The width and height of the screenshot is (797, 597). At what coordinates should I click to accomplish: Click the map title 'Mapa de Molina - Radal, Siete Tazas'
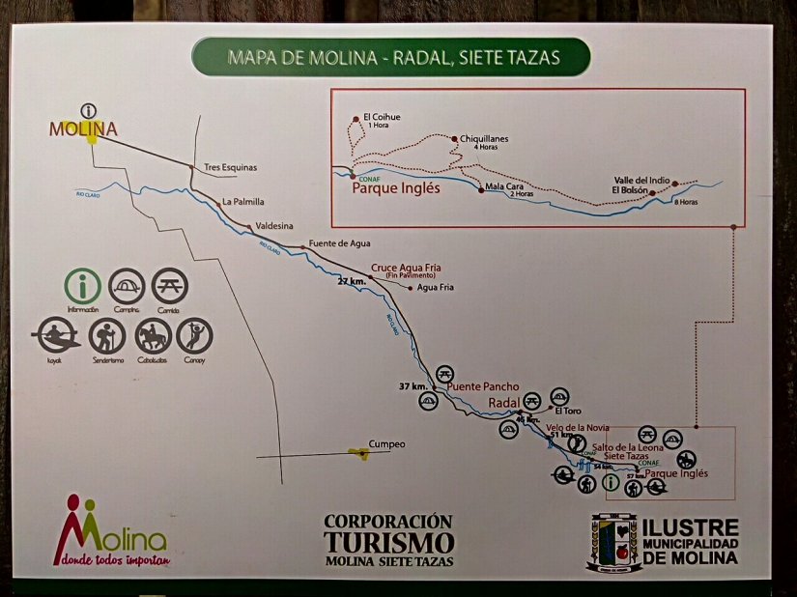coord(393,57)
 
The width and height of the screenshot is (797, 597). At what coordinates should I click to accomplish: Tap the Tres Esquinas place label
coord(231,167)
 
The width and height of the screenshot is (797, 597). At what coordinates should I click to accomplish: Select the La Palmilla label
coord(242,202)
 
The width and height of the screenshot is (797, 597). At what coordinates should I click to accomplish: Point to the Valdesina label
coord(274,225)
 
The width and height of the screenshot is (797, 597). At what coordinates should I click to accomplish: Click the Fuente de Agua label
coord(339,243)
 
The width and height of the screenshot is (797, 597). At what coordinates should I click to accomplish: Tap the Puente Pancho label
coord(482,387)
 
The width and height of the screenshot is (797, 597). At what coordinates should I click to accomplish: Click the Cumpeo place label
coord(386,444)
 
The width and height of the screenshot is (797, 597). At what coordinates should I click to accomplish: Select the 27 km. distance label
coord(352,281)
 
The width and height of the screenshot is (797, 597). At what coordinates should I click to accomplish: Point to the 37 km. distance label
coord(413,386)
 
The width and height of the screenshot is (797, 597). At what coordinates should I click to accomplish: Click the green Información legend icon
coord(84,286)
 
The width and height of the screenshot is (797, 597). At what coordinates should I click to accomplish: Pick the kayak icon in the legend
coord(55,337)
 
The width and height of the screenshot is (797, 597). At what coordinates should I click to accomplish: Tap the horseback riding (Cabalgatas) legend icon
coord(153,336)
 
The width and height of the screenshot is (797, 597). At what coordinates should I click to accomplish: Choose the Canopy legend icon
coord(195,336)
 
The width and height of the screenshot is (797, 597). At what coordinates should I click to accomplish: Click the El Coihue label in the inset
coord(382,118)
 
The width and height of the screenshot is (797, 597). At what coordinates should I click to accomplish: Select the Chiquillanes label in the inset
coord(484,139)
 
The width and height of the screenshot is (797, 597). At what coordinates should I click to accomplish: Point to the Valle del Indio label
coord(641,179)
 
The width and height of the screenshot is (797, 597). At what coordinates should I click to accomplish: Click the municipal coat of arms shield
coord(614,540)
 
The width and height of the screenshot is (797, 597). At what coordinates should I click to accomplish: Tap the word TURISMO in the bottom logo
coord(388,542)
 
